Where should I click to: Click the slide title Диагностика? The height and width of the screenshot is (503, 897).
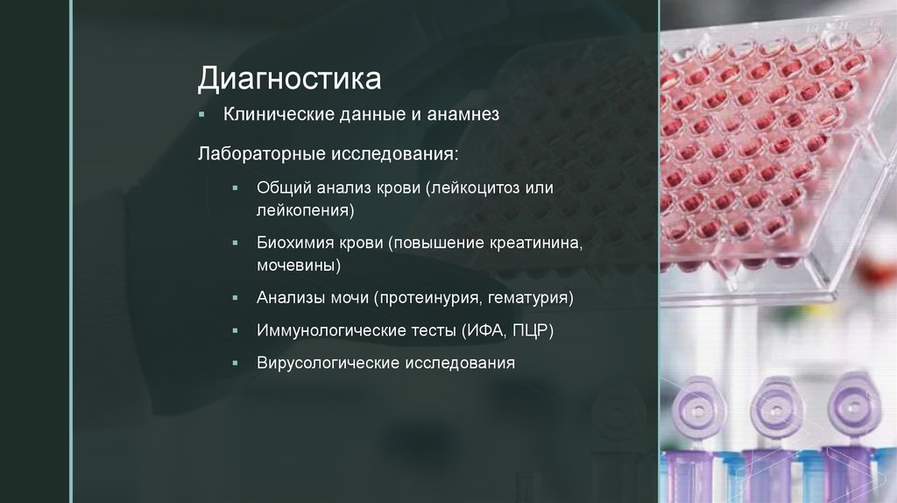289,79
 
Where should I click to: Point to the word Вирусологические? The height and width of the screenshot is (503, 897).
328,362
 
